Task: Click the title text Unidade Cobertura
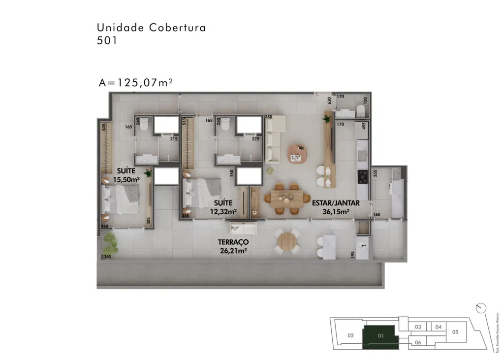pyautogui.click(x=151, y=28)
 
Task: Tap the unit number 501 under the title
pyautogui.click(x=107, y=41)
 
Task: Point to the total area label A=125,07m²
pyautogui.click(x=135, y=83)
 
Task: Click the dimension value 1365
pyautogui.click(x=106, y=257)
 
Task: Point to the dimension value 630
pyautogui.click(x=329, y=100)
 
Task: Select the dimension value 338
pyautogui.click(x=185, y=216)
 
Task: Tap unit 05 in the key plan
pyautogui.click(x=455, y=331)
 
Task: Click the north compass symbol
pyautogui.click(x=481, y=307)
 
